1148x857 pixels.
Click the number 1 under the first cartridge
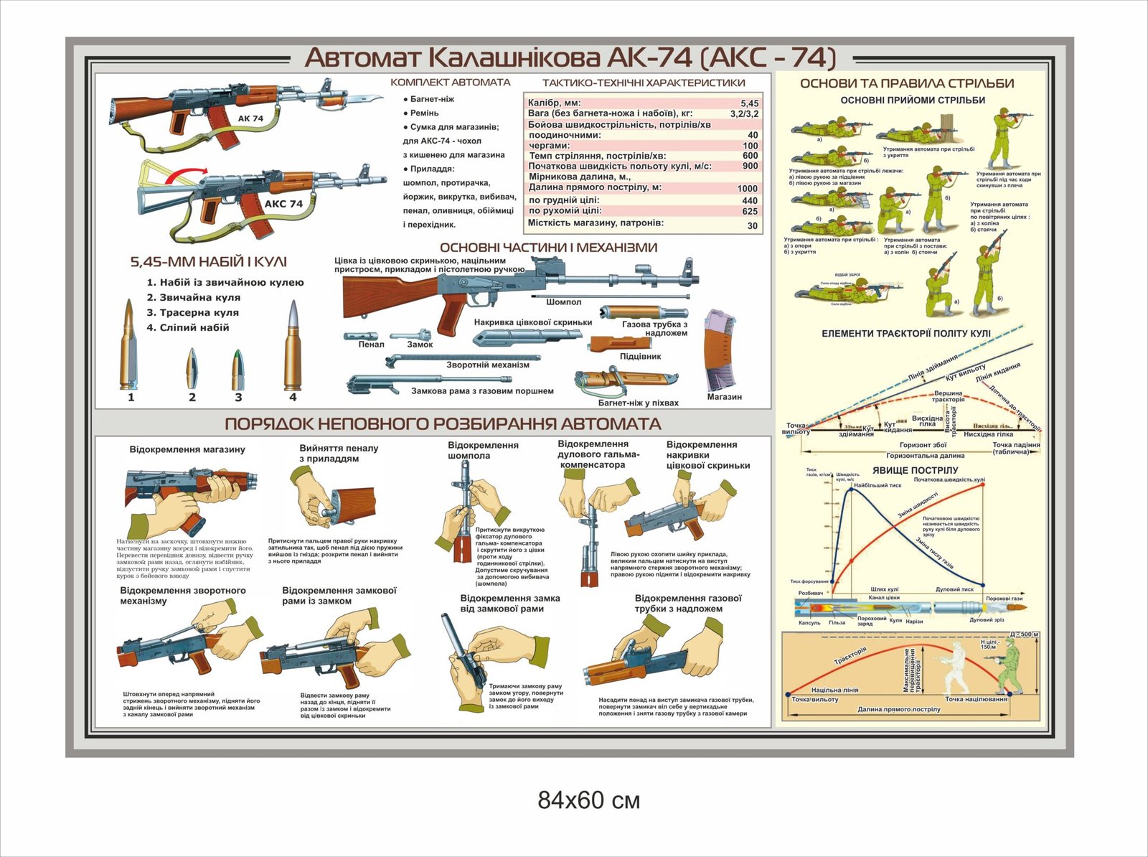pos(131,397)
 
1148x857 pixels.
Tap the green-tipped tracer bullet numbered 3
pos(237,370)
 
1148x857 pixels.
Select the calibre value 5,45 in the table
pos(749,103)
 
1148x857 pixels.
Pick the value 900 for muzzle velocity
pos(750,166)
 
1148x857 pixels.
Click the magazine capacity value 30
pos(752,225)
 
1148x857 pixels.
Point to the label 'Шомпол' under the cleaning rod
pos(563,302)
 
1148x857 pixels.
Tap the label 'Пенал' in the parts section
pos(371,345)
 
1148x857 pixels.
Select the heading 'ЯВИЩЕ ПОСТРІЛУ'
pos(915,470)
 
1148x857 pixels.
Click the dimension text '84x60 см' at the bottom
pos(588,800)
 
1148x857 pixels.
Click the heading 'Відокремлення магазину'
pos(187,449)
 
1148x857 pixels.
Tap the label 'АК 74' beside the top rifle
pos(250,118)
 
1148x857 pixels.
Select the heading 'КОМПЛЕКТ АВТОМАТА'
pos(450,83)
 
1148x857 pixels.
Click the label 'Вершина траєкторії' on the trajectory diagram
pos(948,396)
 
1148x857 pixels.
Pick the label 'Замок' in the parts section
pos(420,345)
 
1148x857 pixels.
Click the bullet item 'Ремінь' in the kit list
pos(424,113)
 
